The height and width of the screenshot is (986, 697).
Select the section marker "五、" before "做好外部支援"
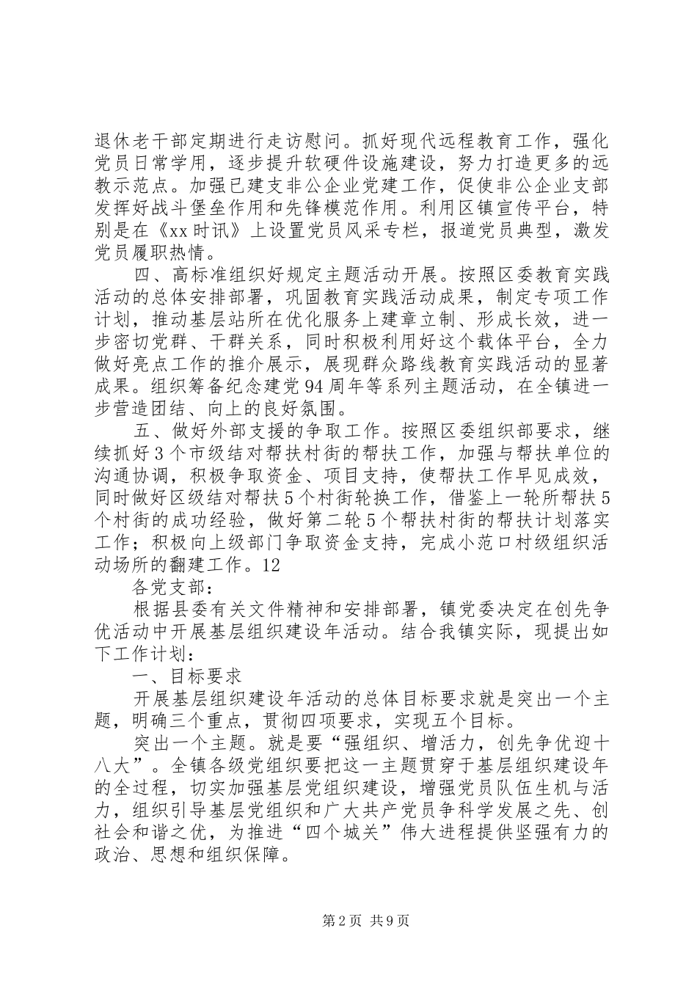[x=150, y=434]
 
